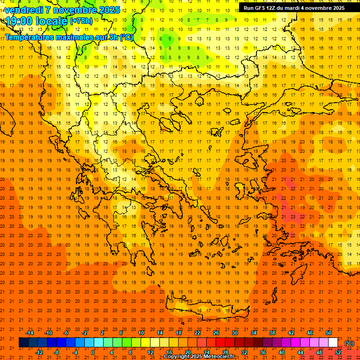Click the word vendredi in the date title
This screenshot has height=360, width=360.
pos(24,10)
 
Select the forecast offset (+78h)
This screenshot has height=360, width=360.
pos(81,21)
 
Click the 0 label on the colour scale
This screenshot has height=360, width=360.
pos(92,352)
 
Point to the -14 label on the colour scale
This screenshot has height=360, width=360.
pos(30,332)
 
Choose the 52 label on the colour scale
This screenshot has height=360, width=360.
pos(338,352)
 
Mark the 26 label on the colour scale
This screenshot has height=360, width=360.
pos(216,332)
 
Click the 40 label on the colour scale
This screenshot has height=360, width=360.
pos(282,352)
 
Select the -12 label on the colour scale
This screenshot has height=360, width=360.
pos(39,352)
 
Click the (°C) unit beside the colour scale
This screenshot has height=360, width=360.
pos(349,343)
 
